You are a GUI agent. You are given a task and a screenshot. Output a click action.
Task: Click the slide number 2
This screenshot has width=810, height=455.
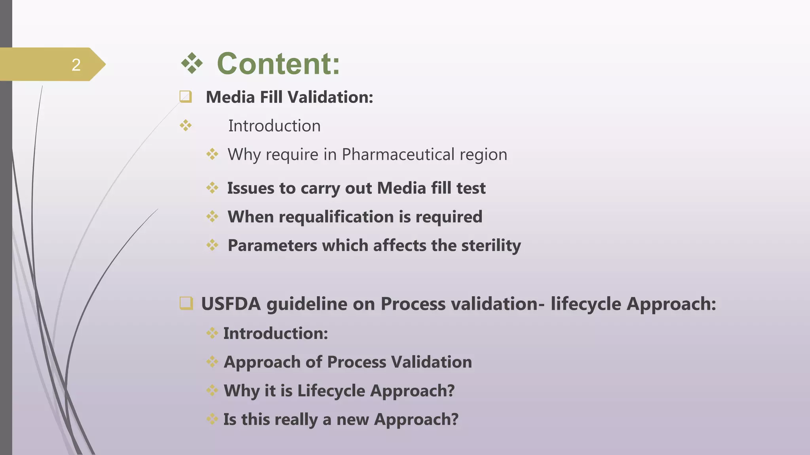(76, 65)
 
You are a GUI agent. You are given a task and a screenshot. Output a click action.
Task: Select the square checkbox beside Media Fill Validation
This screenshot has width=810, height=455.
(185, 97)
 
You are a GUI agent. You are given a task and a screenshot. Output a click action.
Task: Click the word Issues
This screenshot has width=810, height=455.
(250, 188)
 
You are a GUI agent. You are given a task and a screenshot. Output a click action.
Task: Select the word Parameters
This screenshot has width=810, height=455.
(272, 246)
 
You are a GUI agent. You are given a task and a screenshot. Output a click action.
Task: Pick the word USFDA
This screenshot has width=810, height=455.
(231, 304)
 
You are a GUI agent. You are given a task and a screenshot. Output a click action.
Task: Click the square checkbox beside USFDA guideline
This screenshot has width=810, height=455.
(186, 303)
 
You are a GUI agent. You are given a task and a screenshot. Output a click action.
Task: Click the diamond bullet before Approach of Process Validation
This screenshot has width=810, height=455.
(212, 362)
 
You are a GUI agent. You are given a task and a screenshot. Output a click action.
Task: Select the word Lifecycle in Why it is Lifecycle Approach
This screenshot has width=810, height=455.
(331, 391)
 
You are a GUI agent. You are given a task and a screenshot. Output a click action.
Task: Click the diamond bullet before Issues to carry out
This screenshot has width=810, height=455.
(212, 188)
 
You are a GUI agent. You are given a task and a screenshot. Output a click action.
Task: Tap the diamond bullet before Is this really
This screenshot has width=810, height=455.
(212, 419)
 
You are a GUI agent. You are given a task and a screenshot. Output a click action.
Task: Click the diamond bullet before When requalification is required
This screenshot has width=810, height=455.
(212, 216)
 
